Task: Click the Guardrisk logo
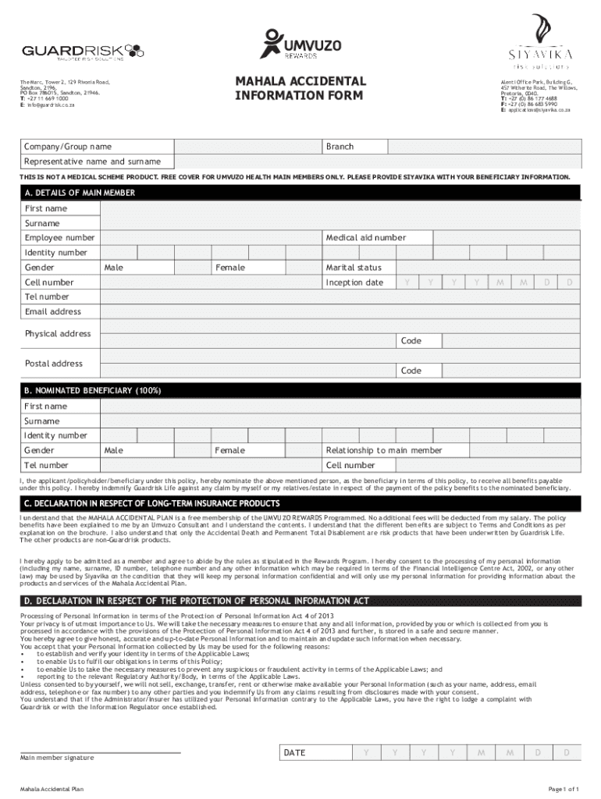83,51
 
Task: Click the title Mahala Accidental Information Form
300,88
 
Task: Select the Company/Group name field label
68,147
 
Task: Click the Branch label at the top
340,147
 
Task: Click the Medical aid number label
365,238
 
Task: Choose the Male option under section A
113,268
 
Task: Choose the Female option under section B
230,450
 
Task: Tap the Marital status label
354,268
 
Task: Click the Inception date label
354,282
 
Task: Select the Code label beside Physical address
411,341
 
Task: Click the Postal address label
54,364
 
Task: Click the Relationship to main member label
384,450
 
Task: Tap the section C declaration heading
152,503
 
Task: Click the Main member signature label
57,758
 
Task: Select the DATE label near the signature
294,753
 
